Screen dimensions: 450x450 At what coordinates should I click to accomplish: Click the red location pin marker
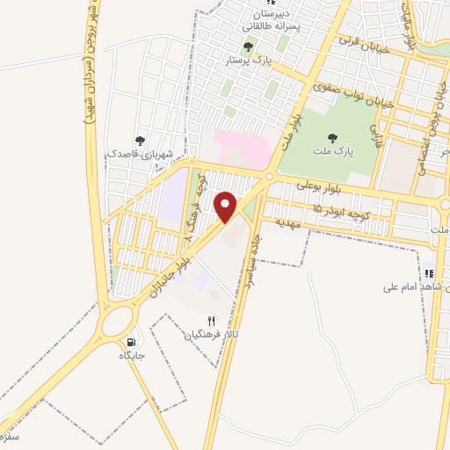tap(227, 207)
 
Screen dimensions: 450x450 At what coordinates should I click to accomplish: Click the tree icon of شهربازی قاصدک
tap(140, 141)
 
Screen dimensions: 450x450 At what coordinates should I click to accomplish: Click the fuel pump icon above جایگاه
tap(132, 342)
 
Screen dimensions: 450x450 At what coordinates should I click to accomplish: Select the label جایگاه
tap(131, 356)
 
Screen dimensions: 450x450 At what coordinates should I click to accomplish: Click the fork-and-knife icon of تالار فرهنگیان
tap(210, 321)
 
